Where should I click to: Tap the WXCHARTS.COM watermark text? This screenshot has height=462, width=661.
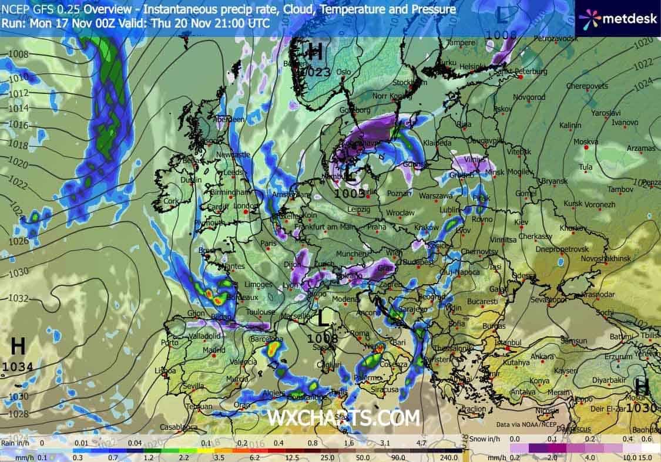344,418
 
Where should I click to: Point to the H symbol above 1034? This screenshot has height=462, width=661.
18,346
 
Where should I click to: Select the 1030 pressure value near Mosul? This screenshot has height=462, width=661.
642,407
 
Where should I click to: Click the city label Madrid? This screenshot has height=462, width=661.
214,350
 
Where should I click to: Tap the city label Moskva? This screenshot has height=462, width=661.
585,141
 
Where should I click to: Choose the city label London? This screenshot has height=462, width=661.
246,206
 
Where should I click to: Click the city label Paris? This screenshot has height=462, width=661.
269,243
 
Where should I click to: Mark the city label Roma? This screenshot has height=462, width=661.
359,333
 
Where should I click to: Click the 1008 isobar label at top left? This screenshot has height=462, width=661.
19,54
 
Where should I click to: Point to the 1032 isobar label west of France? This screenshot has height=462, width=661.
18,298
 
